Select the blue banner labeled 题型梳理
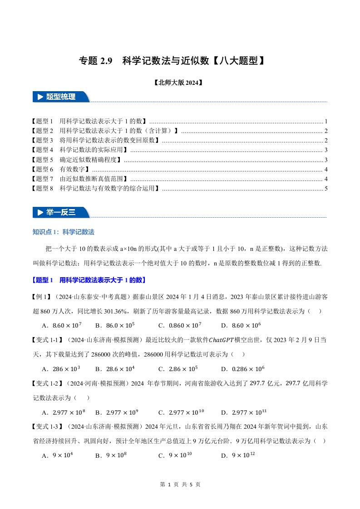click(61, 97)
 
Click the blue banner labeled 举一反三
click(61, 212)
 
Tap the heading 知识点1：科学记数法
click(64, 232)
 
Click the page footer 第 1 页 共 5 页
click(180, 485)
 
